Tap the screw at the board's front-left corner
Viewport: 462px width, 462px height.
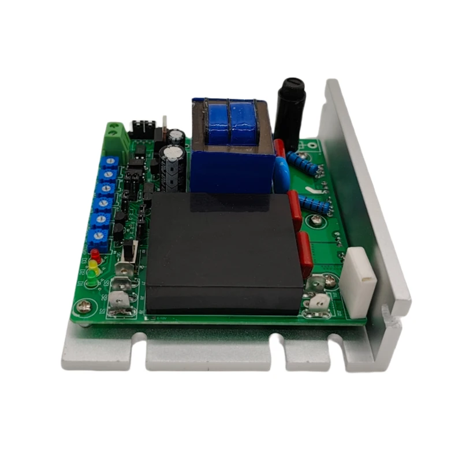coord(85,307)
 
